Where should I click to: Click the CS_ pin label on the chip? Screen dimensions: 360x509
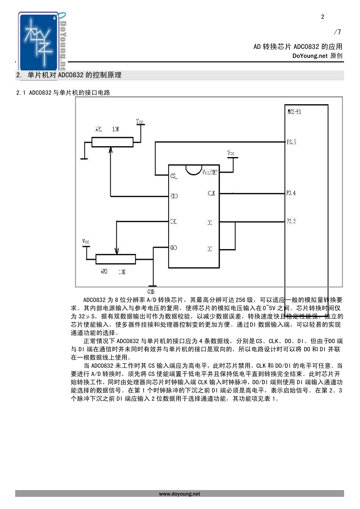(174, 176)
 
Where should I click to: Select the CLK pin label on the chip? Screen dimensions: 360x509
(211, 193)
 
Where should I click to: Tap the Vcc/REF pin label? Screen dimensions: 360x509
(210, 172)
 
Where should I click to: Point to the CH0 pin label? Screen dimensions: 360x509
(174, 196)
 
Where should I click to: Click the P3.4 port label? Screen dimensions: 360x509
(291, 193)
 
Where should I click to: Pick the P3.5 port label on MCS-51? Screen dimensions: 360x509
(291, 142)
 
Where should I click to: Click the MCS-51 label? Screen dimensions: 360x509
(294, 112)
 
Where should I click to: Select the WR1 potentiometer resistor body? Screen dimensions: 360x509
(113, 142)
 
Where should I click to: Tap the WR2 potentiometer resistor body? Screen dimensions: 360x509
(116, 259)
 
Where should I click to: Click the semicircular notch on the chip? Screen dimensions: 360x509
(193, 169)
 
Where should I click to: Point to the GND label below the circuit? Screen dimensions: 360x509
(150, 292)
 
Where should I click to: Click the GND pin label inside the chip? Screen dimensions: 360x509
(173, 248)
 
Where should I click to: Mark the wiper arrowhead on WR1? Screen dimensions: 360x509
(111, 150)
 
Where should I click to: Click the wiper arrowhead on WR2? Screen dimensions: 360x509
(117, 251)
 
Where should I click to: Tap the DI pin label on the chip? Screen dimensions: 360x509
(210, 249)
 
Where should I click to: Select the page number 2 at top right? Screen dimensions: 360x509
(322, 17)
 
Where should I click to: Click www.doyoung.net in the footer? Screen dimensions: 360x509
(180, 494)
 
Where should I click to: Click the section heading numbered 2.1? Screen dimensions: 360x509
(63, 92)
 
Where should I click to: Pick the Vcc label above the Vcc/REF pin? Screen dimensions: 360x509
(231, 153)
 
